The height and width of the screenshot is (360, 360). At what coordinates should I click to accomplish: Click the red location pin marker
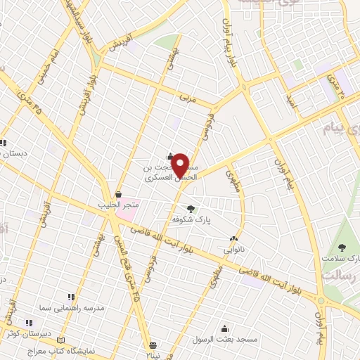point(181,165)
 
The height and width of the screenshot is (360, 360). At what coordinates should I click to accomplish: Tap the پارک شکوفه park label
point(192,219)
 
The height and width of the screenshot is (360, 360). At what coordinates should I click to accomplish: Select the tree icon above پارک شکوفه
point(191,208)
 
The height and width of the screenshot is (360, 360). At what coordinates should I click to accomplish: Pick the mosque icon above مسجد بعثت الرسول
point(224,328)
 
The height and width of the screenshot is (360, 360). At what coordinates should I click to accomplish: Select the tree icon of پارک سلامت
point(342,247)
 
